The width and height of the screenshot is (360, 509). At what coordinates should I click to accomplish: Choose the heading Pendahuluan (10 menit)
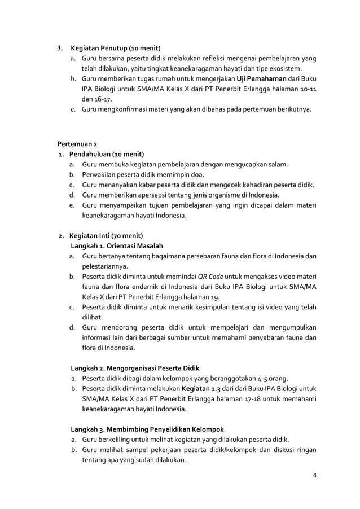tap(107, 154)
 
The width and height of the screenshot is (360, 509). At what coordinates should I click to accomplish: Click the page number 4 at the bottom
tap(314, 474)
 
